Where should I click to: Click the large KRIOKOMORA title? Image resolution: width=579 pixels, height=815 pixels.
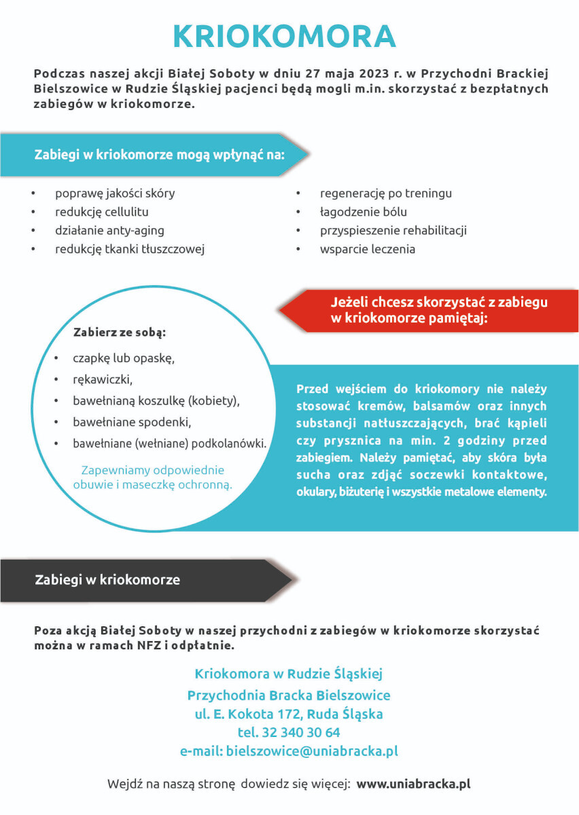coord(284,36)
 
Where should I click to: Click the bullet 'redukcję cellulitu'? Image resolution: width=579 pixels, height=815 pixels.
coord(101,212)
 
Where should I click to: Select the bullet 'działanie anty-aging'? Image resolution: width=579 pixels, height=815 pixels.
coord(109,230)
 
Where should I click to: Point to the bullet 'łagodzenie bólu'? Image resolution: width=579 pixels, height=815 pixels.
coord(364,212)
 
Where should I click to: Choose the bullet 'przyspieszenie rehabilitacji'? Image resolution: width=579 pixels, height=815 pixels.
coord(393,230)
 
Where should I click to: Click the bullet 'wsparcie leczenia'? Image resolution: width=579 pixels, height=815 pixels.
coord(367,249)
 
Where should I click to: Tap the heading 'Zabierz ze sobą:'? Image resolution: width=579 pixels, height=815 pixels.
coord(119,333)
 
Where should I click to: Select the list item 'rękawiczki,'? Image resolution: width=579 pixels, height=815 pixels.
coord(103,379)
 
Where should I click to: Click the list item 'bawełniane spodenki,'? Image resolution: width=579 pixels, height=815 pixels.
coord(132,422)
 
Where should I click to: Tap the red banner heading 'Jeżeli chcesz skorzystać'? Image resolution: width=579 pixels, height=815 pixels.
coord(438,310)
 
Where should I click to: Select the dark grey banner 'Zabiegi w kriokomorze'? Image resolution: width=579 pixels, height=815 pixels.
coord(107,580)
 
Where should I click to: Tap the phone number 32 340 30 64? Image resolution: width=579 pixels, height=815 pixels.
coord(289,733)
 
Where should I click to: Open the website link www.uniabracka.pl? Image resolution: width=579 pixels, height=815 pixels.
coord(413,784)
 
